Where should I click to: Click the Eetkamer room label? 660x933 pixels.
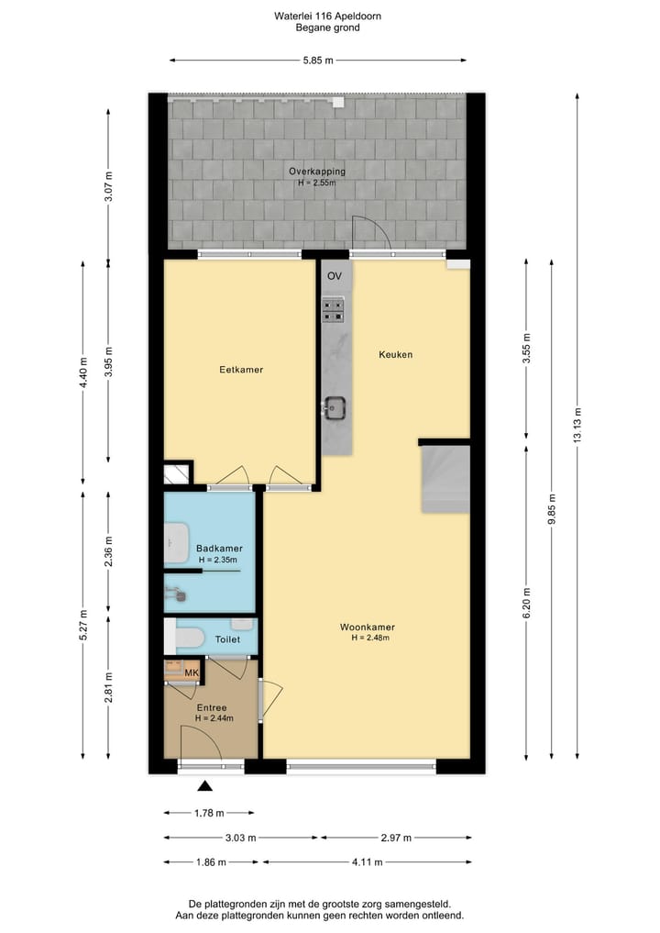[x=241, y=370]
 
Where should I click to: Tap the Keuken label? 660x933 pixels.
[x=396, y=354]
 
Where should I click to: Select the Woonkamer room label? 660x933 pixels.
[x=367, y=628]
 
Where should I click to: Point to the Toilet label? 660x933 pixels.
[x=227, y=639]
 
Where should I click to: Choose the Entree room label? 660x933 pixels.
[x=212, y=707]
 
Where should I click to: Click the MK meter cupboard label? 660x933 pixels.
[x=192, y=674]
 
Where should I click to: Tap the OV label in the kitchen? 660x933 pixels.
[x=335, y=275]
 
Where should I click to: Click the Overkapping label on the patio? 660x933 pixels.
[x=316, y=172]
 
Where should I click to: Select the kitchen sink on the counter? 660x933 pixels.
[x=333, y=405]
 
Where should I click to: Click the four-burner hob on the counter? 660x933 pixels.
[x=334, y=310]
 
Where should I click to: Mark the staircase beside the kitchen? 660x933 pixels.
[x=445, y=478]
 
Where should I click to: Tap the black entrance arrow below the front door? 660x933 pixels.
[x=205, y=785]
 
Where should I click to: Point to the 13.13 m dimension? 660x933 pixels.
[x=577, y=424]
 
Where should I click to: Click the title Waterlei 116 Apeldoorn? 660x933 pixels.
[x=327, y=16]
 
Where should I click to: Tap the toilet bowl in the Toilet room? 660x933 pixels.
[x=188, y=637]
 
